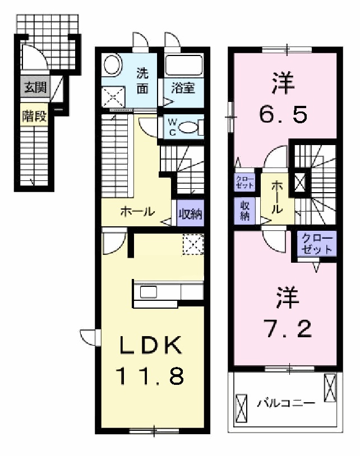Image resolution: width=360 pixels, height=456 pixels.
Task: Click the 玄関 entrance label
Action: click(x=35, y=87)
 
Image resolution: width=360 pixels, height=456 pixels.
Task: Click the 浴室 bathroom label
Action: click(x=183, y=88)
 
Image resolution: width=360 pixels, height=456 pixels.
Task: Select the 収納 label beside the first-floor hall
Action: click(x=190, y=213)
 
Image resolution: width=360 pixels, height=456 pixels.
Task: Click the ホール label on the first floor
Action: click(x=136, y=212)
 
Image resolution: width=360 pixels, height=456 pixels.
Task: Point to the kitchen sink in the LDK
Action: click(x=150, y=291)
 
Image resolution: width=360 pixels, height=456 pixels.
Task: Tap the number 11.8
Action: click(x=150, y=376)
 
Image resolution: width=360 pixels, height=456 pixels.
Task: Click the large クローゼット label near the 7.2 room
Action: click(x=317, y=244)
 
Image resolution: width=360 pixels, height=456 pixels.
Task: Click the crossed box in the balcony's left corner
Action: click(x=242, y=408)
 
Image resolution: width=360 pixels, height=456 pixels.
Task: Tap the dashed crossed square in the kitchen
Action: click(x=193, y=244)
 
